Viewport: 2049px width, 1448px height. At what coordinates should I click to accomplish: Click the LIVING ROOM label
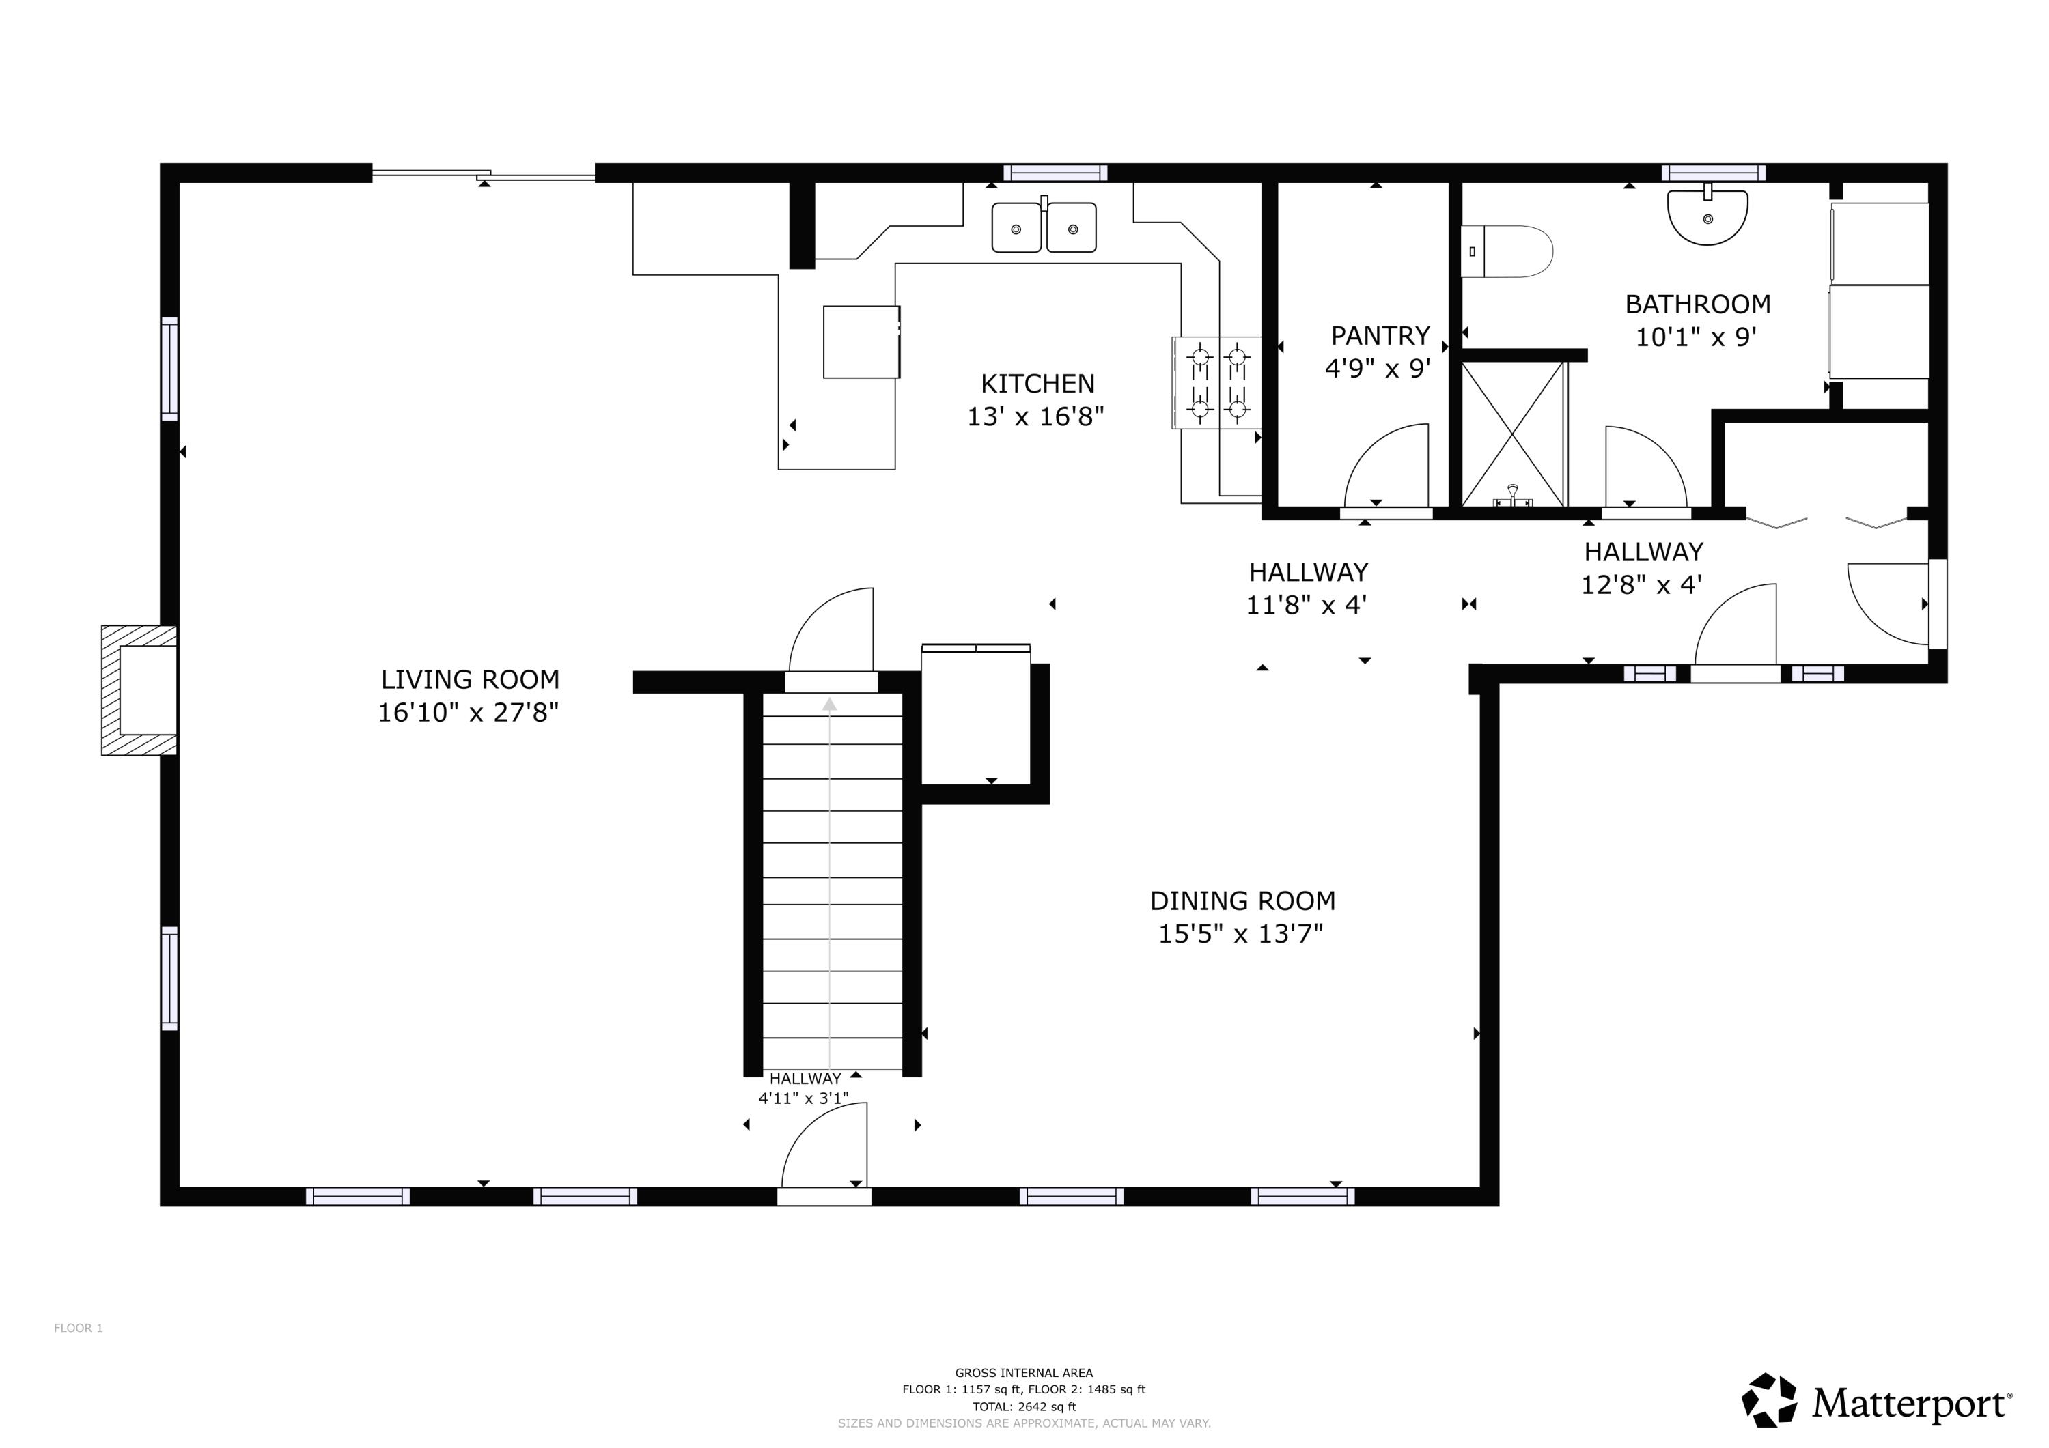pyautogui.click(x=471, y=680)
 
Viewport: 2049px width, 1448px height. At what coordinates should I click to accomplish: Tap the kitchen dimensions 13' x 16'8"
pyautogui.click(x=1035, y=416)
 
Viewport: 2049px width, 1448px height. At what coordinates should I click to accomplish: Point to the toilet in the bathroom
pyautogui.click(x=1507, y=252)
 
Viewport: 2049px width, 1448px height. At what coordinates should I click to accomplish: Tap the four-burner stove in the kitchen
pyautogui.click(x=1217, y=383)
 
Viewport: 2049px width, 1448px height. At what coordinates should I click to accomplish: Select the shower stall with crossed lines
pyautogui.click(x=1513, y=434)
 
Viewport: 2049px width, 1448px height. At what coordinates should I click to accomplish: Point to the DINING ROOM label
pyautogui.click(x=1242, y=901)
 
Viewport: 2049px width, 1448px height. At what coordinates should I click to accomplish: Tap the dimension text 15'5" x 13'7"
pyautogui.click(x=1240, y=934)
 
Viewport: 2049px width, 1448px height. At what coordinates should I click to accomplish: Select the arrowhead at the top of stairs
pyautogui.click(x=830, y=705)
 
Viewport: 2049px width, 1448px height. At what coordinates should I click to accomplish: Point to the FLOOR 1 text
pyautogui.click(x=79, y=1329)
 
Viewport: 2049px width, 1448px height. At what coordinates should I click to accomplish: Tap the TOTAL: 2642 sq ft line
pyautogui.click(x=1024, y=1407)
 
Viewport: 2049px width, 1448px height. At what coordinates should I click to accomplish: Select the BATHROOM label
pyautogui.click(x=1697, y=304)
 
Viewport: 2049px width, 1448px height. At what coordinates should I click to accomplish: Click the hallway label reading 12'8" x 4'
pyautogui.click(x=1641, y=585)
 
